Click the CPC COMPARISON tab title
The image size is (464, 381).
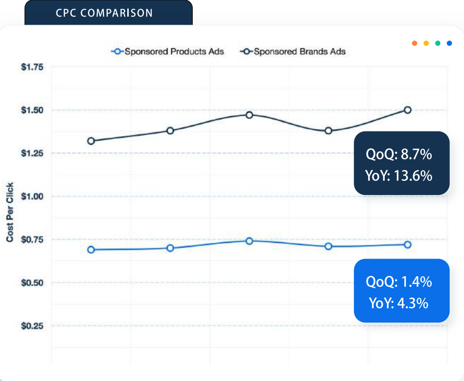coord(104,13)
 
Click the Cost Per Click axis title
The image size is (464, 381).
coord(10,212)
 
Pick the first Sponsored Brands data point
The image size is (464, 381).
coord(91,141)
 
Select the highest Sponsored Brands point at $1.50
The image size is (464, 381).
coord(407,110)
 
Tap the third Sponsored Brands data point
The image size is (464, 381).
coord(249,115)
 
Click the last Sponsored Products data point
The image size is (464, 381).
coord(407,244)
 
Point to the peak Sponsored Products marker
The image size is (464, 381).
coord(249,241)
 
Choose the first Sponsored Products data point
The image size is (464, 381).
coord(91,250)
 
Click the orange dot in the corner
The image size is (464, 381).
coord(415,43)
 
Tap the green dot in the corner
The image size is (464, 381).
coord(437,43)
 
